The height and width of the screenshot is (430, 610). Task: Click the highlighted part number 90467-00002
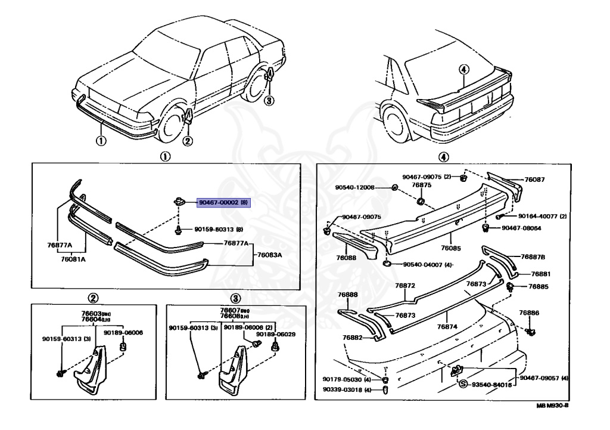(x=220, y=203)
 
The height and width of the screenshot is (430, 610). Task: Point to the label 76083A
(x=269, y=255)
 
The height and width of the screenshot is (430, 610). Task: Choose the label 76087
(x=535, y=180)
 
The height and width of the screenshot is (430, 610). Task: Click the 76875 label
(x=421, y=185)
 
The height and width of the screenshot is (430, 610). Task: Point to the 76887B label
(x=533, y=257)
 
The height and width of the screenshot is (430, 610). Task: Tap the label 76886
(x=528, y=313)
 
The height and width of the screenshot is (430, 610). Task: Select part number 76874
(x=446, y=326)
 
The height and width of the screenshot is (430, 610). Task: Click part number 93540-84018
(x=490, y=385)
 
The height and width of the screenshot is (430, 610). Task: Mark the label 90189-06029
(x=276, y=335)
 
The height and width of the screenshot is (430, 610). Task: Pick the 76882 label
(x=352, y=338)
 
